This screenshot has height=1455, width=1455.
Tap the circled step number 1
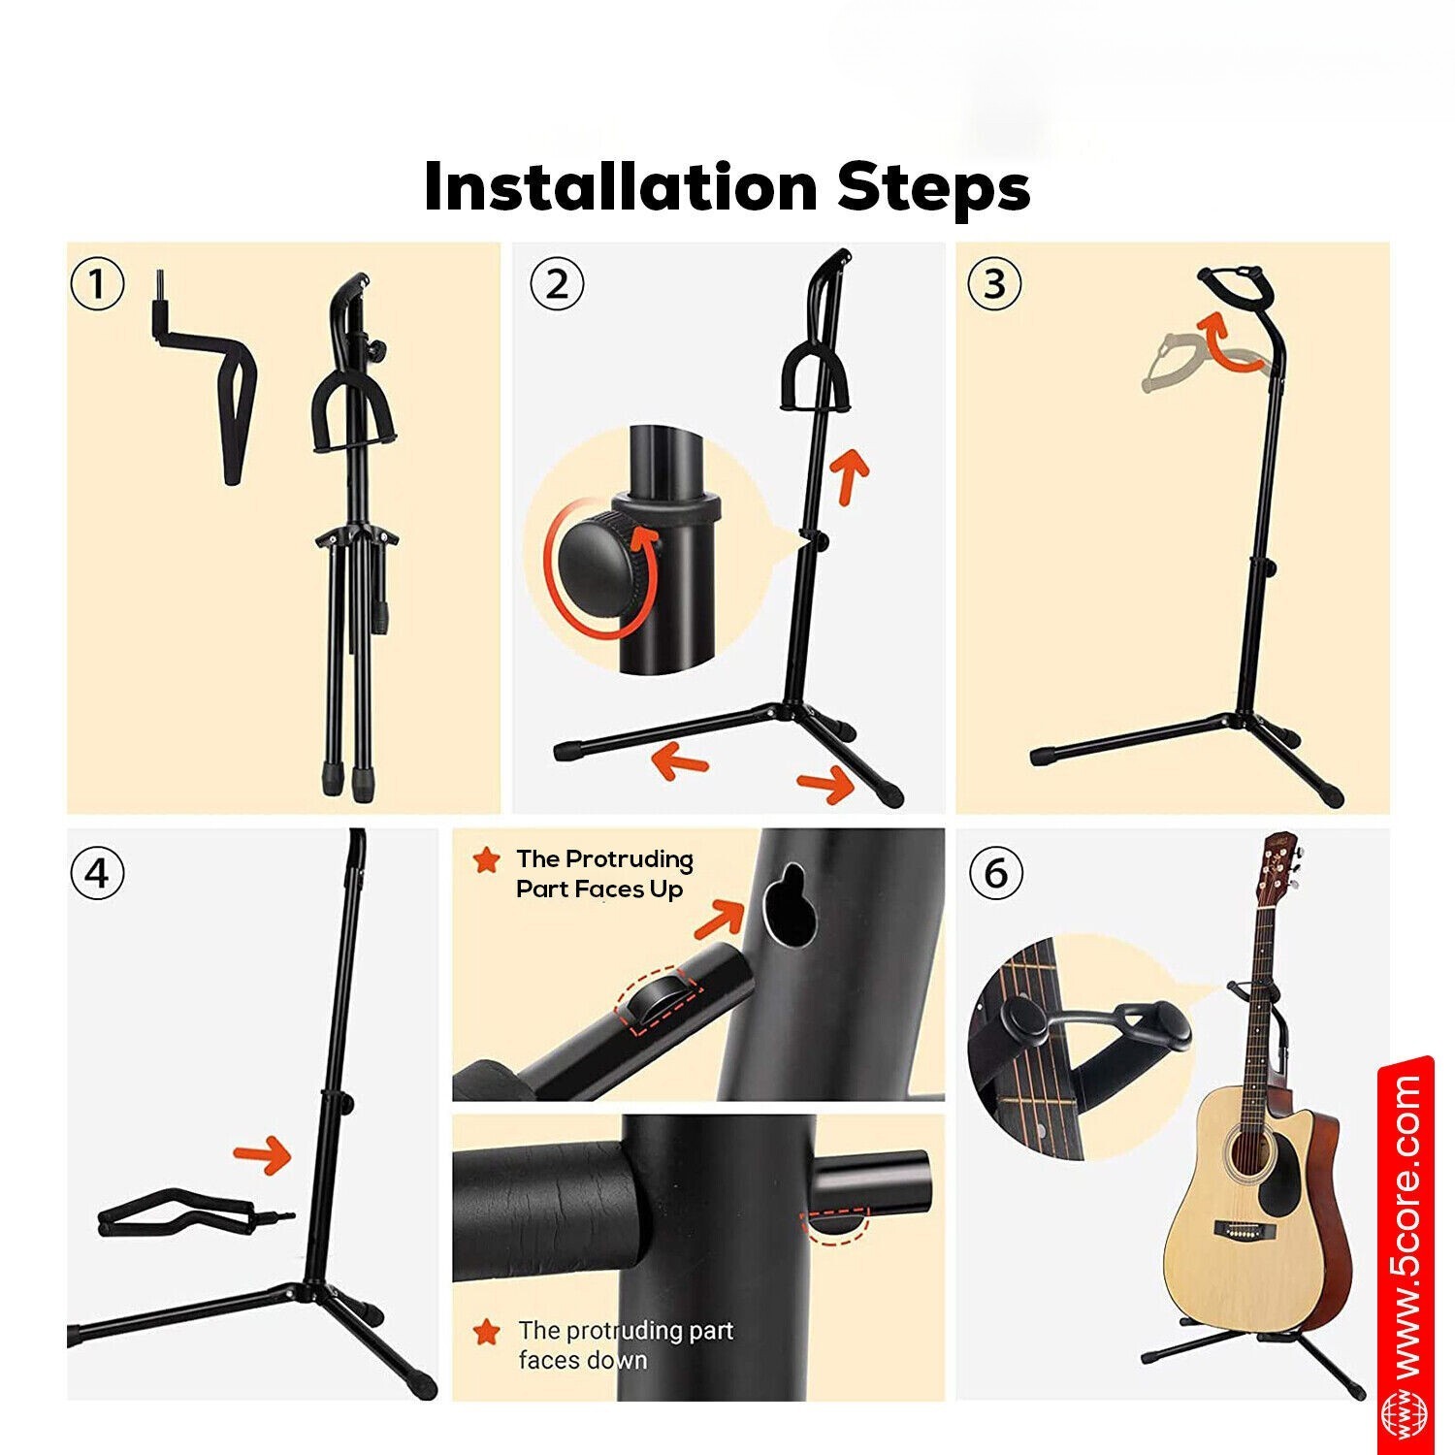98,284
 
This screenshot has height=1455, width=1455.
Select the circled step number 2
557,284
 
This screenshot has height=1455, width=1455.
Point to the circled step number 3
995,284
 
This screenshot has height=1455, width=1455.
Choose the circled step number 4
98,873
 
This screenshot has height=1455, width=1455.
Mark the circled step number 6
996,873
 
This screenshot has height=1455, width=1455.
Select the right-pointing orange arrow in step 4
263,1154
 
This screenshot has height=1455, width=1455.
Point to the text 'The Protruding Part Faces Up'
603,874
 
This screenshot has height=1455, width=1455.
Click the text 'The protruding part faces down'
625,1344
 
